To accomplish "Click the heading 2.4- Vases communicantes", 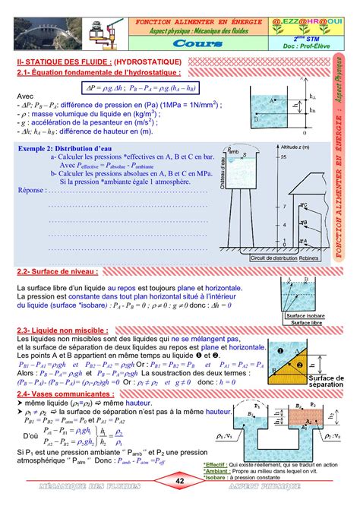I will (x=65, y=395).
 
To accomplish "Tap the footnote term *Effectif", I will (x=215, y=463).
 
